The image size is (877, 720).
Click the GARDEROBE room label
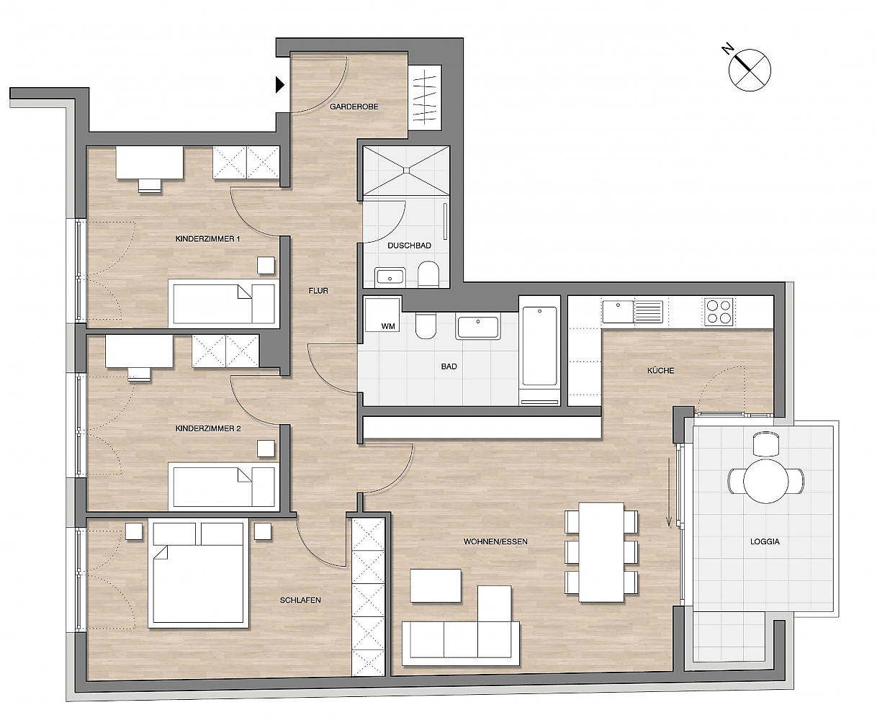tap(354, 107)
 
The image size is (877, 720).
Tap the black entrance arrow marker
tap(280, 85)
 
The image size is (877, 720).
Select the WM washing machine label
tap(387, 326)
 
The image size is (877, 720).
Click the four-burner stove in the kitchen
tap(719, 312)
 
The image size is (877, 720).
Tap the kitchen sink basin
tap(618, 312)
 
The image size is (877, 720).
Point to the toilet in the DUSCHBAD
tap(428, 274)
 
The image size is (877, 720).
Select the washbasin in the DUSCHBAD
tap(390, 277)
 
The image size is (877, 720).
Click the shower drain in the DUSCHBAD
tap(406, 170)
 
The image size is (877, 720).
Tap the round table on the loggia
tap(765, 481)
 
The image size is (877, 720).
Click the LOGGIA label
tap(765, 541)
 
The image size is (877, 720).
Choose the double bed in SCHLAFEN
tap(198, 575)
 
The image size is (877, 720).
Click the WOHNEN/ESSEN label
tap(495, 541)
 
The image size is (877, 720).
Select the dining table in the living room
tap(601, 552)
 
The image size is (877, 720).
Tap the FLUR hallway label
tap(318, 291)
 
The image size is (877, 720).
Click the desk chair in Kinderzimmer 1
tap(150, 186)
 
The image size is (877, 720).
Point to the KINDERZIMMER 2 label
tap(208, 428)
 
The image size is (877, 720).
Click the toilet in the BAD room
tap(426, 325)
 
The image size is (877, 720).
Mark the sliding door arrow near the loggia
tap(669, 492)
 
